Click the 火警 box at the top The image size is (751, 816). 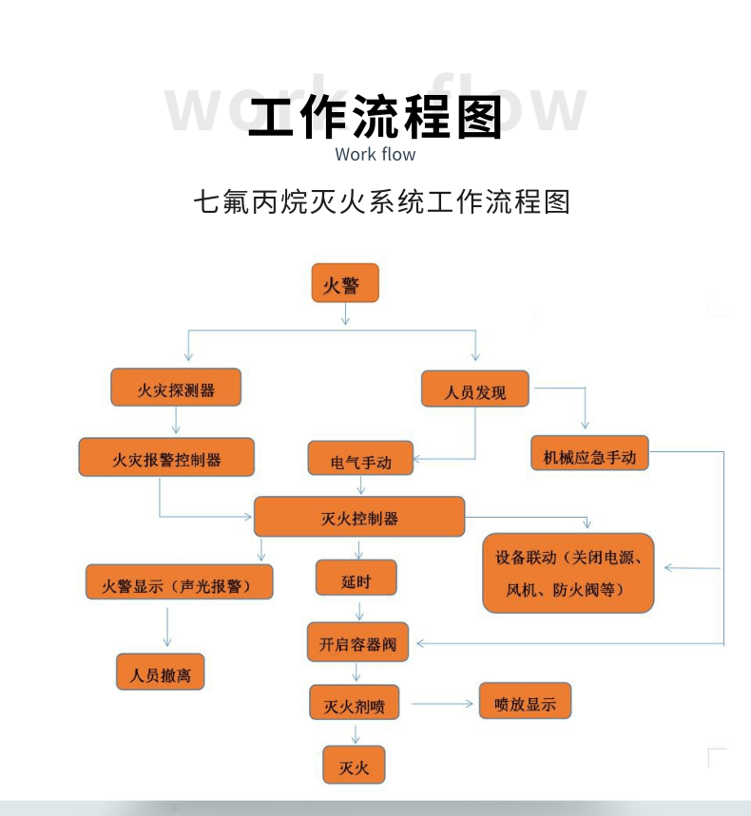pos(345,284)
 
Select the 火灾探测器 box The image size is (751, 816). pos(176,389)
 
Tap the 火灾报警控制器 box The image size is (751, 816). pos(166,458)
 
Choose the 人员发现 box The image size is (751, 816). pos(475,390)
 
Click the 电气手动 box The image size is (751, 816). pos(361,460)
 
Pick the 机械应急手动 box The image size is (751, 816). pos(589,455)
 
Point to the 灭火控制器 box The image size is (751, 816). pos(359,518)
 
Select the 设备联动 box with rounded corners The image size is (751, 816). pos(568,573)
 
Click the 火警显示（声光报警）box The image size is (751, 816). pos(180,582)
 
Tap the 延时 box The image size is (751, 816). pos(356,579)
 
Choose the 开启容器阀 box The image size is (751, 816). pos(357,643)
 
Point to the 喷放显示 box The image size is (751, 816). pos(525,702)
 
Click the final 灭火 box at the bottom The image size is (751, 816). pos(354,765)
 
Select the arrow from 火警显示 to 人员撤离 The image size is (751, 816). pos(167,626)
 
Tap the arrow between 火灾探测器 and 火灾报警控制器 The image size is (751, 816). pos(176,422)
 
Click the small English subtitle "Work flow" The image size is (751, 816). pos(375,154)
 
